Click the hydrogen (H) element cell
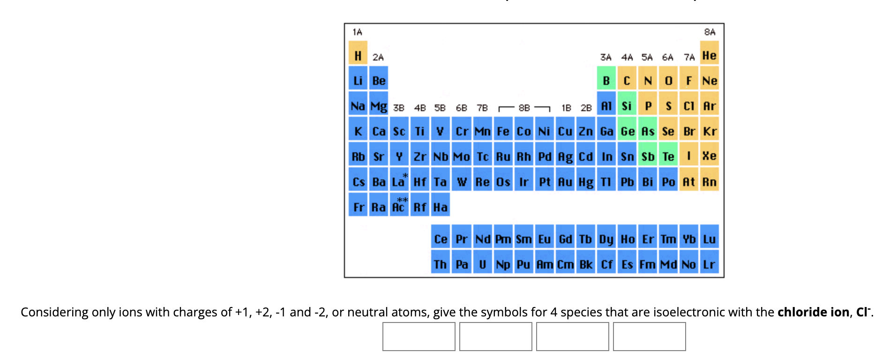point(358,56)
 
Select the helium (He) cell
point(709,56)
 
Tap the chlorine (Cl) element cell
point(688,106)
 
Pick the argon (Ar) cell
point(709,106)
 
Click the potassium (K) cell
point(358,131)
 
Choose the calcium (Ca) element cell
point(379,131)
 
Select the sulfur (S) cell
point(668,106)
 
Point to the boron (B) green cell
point(606,81)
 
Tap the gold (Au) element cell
point(565,182)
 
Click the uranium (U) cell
point(482,264)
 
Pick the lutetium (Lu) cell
point(709,239)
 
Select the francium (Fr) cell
point(359,207)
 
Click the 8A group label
point(710,32)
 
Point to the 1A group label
point(357,32)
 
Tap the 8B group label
point(524,108)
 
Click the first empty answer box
point(419,337)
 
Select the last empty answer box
point(649,337)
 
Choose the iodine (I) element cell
point(688,157)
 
